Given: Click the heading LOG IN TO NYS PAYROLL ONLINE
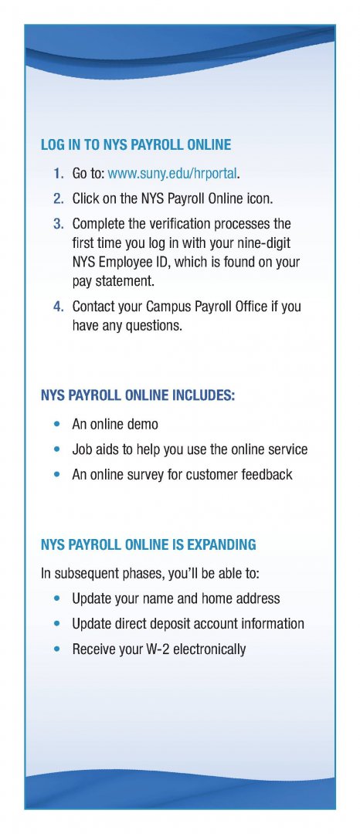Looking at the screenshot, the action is [136, 145].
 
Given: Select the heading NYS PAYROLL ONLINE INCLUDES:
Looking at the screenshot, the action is [138, 396].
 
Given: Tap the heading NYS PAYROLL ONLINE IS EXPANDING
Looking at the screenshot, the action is [148, 545].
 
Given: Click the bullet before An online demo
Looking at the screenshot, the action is [57, 425].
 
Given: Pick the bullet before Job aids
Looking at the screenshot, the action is [57, 449].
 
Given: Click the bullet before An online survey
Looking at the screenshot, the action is [57, 474].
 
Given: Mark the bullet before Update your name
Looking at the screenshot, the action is [57, 598].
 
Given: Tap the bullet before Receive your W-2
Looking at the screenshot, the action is [57, 649].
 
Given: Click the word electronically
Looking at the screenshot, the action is [209, 649].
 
